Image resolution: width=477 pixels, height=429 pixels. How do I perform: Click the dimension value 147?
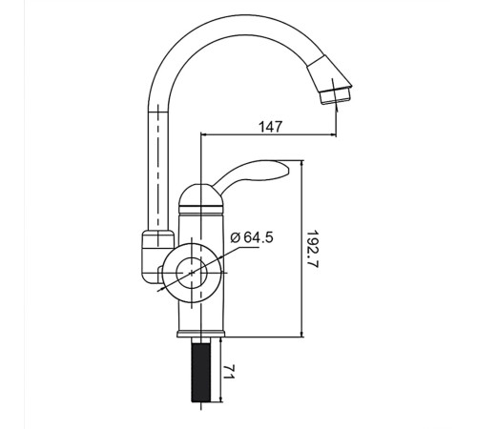click(271, 127)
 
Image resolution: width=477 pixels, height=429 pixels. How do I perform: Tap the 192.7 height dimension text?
click(312, 249)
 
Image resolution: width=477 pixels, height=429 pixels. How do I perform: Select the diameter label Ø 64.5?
click(252, 237)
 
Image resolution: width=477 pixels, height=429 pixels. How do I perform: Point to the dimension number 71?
click(228, 372)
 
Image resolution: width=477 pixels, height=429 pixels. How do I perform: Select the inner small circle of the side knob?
click(192, 273)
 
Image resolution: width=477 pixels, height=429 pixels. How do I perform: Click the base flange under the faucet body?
click(200, 334)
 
